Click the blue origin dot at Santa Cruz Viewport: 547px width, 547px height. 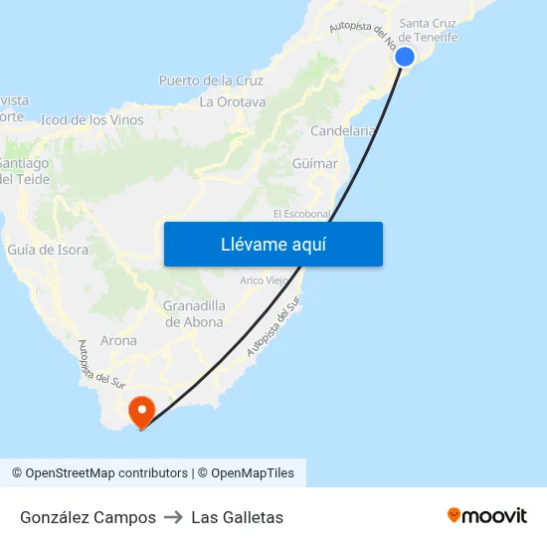point(405,57)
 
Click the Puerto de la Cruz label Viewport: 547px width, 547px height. point(211,81)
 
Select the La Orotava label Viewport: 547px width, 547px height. point(233,101)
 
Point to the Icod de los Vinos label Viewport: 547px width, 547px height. point(91,120)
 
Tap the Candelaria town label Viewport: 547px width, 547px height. point(343,130)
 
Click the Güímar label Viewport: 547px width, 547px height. point(315,163)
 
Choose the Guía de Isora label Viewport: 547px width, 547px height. point(48,250)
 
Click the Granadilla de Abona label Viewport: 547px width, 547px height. point(194,313)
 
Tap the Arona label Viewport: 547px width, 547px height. point(118,340)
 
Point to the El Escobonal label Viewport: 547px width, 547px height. point(300,214)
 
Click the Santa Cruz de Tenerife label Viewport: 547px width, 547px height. point(428,30)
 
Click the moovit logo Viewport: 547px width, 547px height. point(486,515)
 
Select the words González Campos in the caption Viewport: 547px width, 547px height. point(88,517)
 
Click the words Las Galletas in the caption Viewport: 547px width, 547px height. point(237,517)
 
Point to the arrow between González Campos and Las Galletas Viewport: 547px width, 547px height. point(173,517)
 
